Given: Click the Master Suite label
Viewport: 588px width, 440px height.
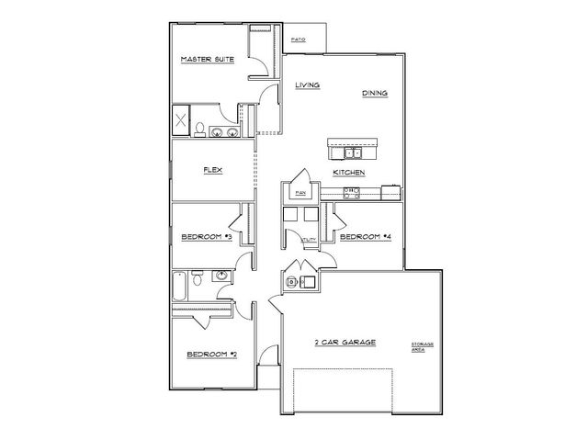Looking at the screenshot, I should tap(207, 60).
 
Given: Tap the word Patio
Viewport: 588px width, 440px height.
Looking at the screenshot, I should tap(299, 39).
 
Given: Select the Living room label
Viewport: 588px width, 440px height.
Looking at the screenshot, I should tap(307, 85).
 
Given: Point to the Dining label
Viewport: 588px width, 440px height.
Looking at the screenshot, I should tap(374, 93).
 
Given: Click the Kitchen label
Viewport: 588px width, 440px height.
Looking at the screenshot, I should tap(350, 173).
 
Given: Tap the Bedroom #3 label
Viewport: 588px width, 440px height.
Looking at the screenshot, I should tap(206, 238).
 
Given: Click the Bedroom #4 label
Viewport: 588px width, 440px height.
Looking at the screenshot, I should tap(366, 237).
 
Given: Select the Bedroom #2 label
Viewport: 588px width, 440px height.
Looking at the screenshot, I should tap(212, 355).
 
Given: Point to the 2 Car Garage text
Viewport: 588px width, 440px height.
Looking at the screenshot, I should tap(345, 342).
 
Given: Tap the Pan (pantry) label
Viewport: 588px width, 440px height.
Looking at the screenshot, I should tap(300, 193).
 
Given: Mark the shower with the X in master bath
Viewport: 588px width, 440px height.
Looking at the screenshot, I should tap(181, 119).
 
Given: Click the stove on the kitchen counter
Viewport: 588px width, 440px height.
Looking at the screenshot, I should tap(350, 192).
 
